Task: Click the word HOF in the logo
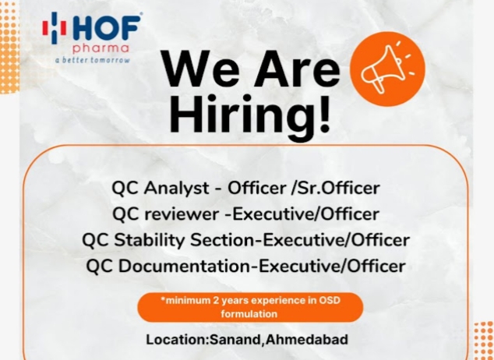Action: click(x=107, y=28)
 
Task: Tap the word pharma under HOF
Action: click(x=101, y=49)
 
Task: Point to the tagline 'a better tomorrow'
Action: click(x=92, y=60)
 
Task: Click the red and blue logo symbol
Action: click(x=55, y=28)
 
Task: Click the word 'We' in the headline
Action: click(x=201, y=69)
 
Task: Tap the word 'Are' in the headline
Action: click(x=297, y=69)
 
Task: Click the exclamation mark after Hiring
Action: click(x=324, y=113)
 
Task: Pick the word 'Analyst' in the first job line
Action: click(x=177, y=189)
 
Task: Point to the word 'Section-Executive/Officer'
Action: click(x=300, y=240)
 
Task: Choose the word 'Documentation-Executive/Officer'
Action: click(x=262, y=266)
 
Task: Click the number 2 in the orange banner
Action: click(x=216, y=300)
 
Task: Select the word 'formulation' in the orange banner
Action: click(x=249, y=314)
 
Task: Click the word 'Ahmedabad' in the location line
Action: click(x=307, y=340)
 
